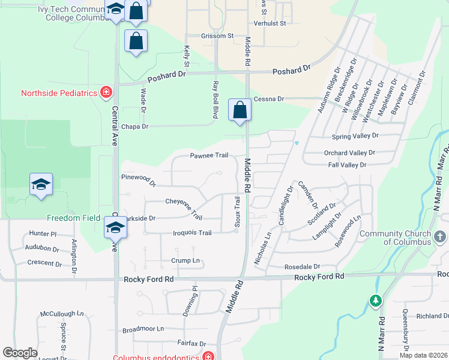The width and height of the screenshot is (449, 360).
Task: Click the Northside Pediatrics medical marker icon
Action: (x=106, y=92)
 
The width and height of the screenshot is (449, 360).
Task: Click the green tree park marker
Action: (x=376, y=300)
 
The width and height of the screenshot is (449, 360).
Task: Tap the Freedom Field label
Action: (x=72, y=218)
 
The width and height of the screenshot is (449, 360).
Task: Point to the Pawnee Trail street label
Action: (x=209, y=155)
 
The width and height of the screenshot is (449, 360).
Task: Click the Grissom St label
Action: (x=217, y=36)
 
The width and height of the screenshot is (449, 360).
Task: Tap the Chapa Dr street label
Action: (x=134, y=127)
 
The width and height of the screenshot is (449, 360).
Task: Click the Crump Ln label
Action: (x=185, y=260)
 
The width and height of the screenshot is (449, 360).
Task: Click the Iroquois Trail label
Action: (x=192, y=233)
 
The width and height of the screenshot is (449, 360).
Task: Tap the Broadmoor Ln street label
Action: (x=143, y=329)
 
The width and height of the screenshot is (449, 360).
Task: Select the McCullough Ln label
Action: (x=62, y=314)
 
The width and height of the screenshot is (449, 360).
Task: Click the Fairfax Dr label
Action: (x=191, y=343)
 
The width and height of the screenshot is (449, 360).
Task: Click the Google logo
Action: (x=20, y=353)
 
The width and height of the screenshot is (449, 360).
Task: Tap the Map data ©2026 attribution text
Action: (x=423, y=355)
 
